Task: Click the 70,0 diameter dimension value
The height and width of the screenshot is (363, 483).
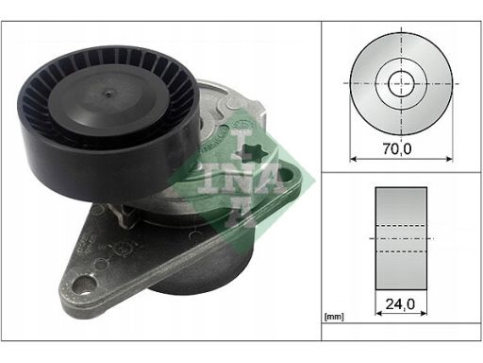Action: pyautogui.click(x=397, y=148)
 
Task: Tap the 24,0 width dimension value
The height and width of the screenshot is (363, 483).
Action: pyautogui.click(x=400, y=304)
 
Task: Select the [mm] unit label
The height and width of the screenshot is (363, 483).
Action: pyautogui.click(x=334, y=317)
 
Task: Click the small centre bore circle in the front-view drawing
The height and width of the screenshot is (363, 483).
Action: pyautogui.click(x=401, y=83)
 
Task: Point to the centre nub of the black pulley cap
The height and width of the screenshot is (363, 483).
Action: pyautogui.click(x=108, y=93)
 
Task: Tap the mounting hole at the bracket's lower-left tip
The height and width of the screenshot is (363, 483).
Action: pyautogui.click(x=84, y=285)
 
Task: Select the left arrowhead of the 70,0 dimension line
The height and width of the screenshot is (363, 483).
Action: pyautogui.click(x=353, y=159)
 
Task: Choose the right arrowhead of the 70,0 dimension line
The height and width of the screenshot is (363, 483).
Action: pyautogui.click(x=449, y=159)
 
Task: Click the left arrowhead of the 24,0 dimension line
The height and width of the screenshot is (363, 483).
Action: pyautogui.click(x=378, y=313)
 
